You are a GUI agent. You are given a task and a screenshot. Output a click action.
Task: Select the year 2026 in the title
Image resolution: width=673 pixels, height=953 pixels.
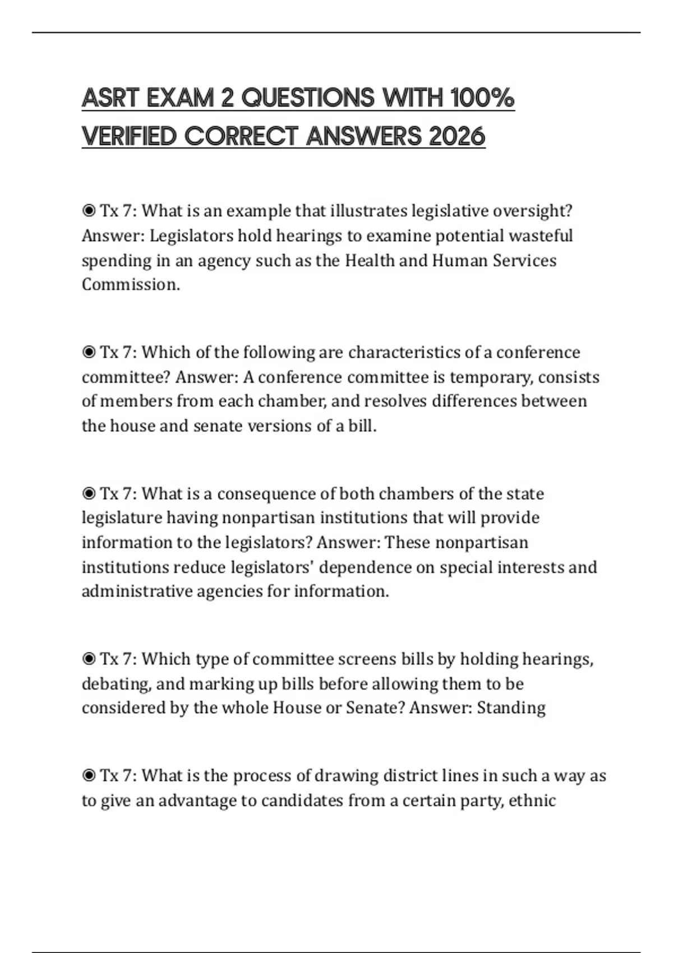coord(457,136)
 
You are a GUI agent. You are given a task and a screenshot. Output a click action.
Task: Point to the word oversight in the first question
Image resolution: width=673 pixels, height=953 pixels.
coord(532,211)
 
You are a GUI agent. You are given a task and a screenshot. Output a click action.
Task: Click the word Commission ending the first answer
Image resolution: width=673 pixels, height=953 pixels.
coord(131,285)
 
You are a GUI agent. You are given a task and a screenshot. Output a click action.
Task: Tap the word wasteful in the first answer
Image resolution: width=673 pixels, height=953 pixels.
coord(541,235)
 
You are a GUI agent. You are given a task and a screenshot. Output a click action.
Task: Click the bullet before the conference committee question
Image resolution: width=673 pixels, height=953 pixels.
coord(89,353)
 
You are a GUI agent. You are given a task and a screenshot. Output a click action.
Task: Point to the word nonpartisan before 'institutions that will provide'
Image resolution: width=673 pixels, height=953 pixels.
coord(269,517)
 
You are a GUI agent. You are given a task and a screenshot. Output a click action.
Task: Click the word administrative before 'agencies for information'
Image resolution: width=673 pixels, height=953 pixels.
coord(137,591)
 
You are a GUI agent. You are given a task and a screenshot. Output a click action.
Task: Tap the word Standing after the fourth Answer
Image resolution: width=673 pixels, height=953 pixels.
coord(511,708)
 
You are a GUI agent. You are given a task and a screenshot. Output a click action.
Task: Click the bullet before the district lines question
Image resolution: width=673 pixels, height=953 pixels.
coord(89,776)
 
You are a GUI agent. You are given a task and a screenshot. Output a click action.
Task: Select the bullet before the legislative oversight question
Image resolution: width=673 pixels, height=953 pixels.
coord(89,211)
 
